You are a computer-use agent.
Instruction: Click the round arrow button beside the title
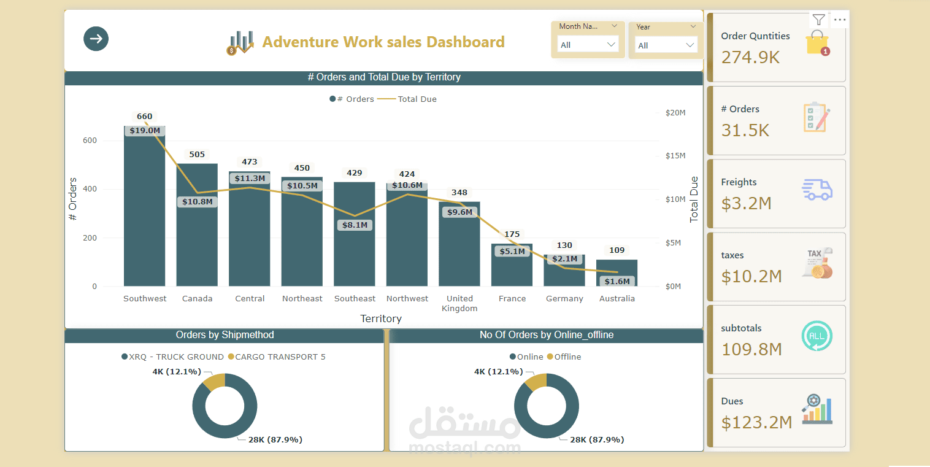click(x=96, y=39)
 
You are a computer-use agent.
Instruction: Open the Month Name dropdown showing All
click(x=588, y=44)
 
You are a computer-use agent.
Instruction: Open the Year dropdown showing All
click(x=666, y=45)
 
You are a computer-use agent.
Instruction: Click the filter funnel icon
click(x=819, y=20)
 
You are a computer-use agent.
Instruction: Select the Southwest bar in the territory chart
click(x=145, y=206)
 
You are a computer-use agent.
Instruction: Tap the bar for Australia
click(x=617, y=273)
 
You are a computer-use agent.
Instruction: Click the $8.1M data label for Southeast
click(x=355, y=225)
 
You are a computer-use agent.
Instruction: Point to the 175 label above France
click(x=512, y=234)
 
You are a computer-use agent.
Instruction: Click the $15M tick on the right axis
click(x=675, y=156)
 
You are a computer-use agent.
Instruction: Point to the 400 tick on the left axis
click(x=90, y=189)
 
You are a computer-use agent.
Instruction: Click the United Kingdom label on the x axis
click(x=459, y=303)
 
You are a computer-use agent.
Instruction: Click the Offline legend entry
click(x=564, y=357)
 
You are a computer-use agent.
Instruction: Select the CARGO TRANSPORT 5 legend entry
click(x=277, y=357)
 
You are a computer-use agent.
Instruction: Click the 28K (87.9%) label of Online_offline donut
click(x=597, y=439)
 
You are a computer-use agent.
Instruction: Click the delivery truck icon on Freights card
click(x=817, y=190)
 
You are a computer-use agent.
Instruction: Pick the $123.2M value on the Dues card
click(x=756, y=423)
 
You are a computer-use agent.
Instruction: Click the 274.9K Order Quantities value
click(x=750, y=57)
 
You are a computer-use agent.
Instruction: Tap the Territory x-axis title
click(x=381, y=318)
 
